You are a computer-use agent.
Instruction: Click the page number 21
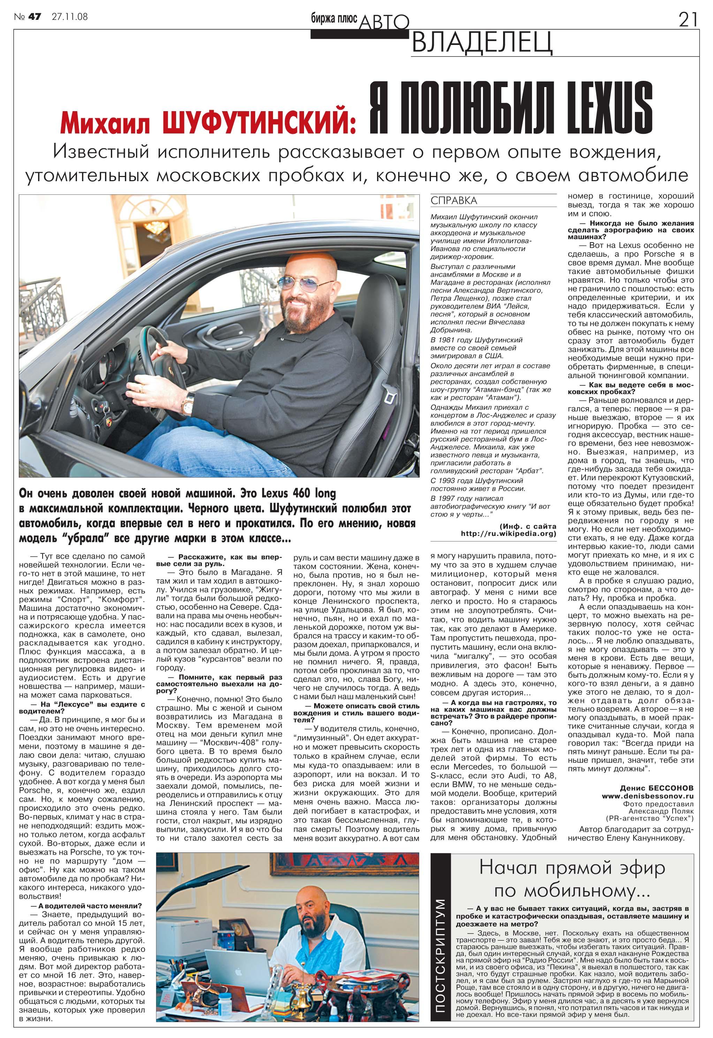point(687,20)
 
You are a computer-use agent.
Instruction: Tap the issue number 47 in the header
point(33,17)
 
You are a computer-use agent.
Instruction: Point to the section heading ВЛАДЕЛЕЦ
point(482,43)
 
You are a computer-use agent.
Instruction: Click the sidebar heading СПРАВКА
point(454,201)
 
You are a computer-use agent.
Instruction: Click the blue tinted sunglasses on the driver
point(296,283)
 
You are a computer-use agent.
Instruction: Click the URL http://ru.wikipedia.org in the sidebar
point(508,533)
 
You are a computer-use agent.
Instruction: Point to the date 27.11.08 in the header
point(69,17)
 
